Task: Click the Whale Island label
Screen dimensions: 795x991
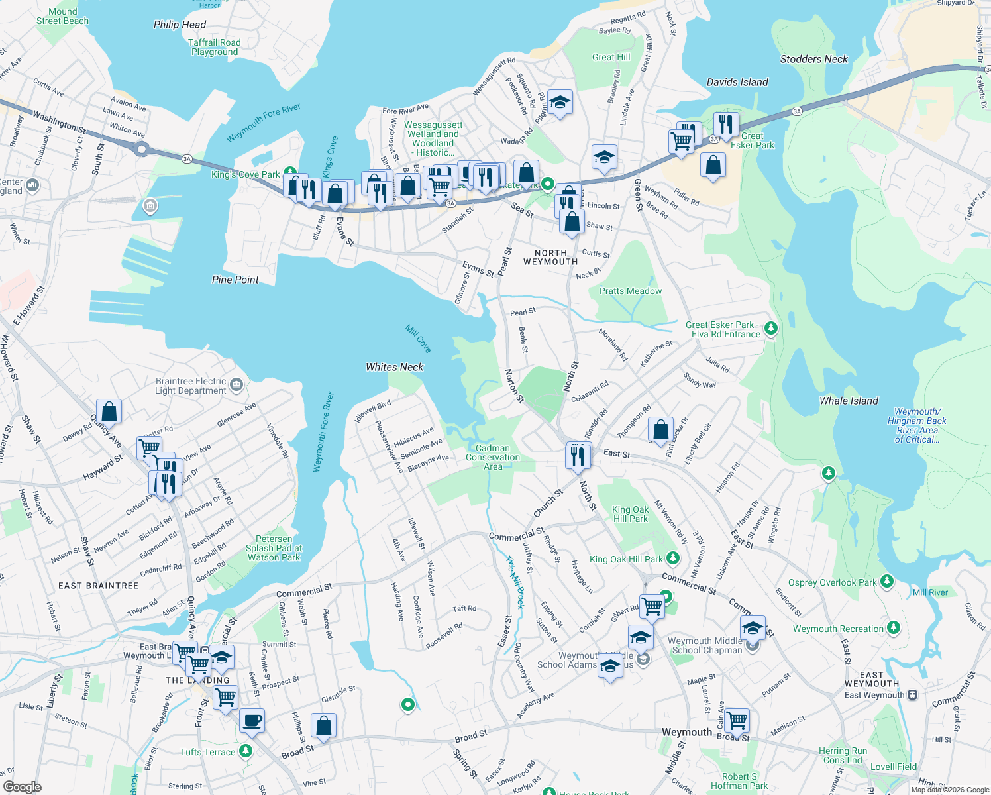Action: (849, 401)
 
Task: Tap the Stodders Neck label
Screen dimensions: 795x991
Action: (813, 59)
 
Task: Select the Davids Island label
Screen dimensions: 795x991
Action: (737, 82)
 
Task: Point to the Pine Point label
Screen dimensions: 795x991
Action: (235, 280)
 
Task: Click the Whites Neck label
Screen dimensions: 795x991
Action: (394, 367)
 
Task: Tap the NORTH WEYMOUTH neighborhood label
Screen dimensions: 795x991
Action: (550, 258)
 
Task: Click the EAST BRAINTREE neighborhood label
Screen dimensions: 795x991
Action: (99, 586)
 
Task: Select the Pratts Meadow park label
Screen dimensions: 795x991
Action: (630, 291)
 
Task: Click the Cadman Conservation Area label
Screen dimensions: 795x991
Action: (493, 457)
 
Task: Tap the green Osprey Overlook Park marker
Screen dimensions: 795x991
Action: (887, 582)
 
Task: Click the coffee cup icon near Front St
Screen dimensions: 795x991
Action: (252, 719)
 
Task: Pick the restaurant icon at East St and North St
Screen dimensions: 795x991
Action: (578, 456)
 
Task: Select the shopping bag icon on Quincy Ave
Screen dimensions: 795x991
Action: (109, 411)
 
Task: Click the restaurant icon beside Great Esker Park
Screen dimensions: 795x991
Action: (726, 123)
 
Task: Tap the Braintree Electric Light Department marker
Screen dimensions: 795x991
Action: (236, 385)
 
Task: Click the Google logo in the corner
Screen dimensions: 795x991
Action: (22, 787)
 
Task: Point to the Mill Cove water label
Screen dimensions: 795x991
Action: (419, 339)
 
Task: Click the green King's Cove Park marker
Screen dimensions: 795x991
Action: (289, 172)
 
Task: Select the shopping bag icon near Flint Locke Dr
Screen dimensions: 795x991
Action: (660, 429)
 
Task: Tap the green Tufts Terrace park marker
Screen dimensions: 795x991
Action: (246, 751)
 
